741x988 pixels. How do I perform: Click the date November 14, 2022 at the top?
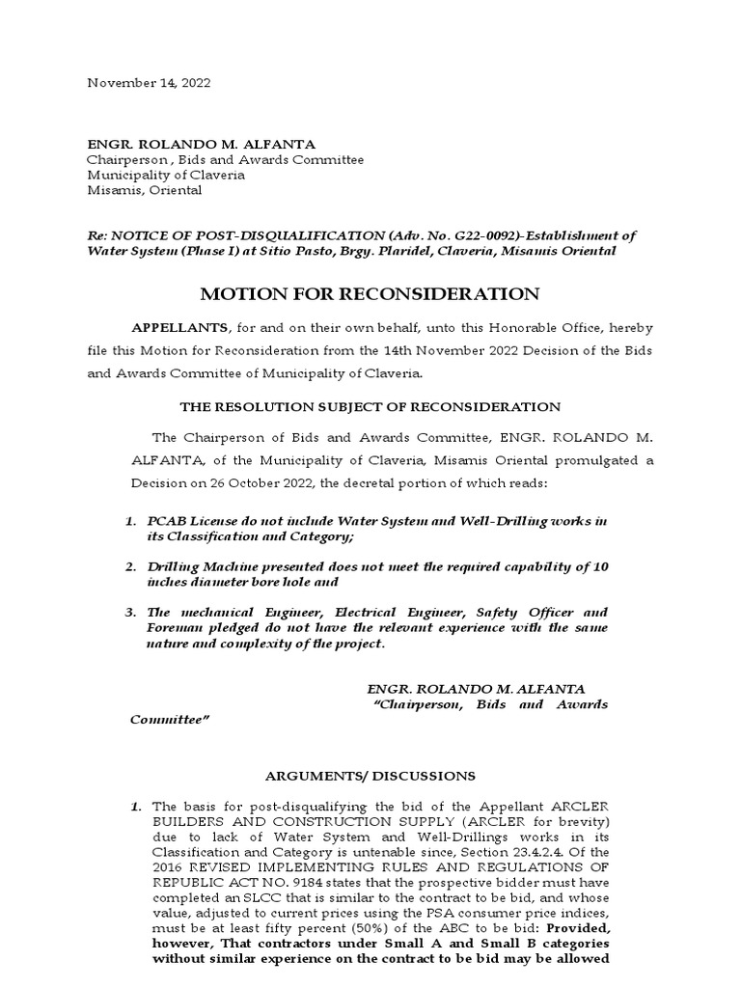[149, 83]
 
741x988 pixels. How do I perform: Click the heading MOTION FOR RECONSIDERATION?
[370, 294]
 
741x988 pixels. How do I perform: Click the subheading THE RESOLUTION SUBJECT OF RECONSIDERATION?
[370, 407]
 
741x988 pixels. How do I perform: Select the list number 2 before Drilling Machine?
[130, 567]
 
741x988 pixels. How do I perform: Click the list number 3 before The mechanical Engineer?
[130, 613]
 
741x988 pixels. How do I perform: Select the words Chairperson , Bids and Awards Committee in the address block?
[226, 159]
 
